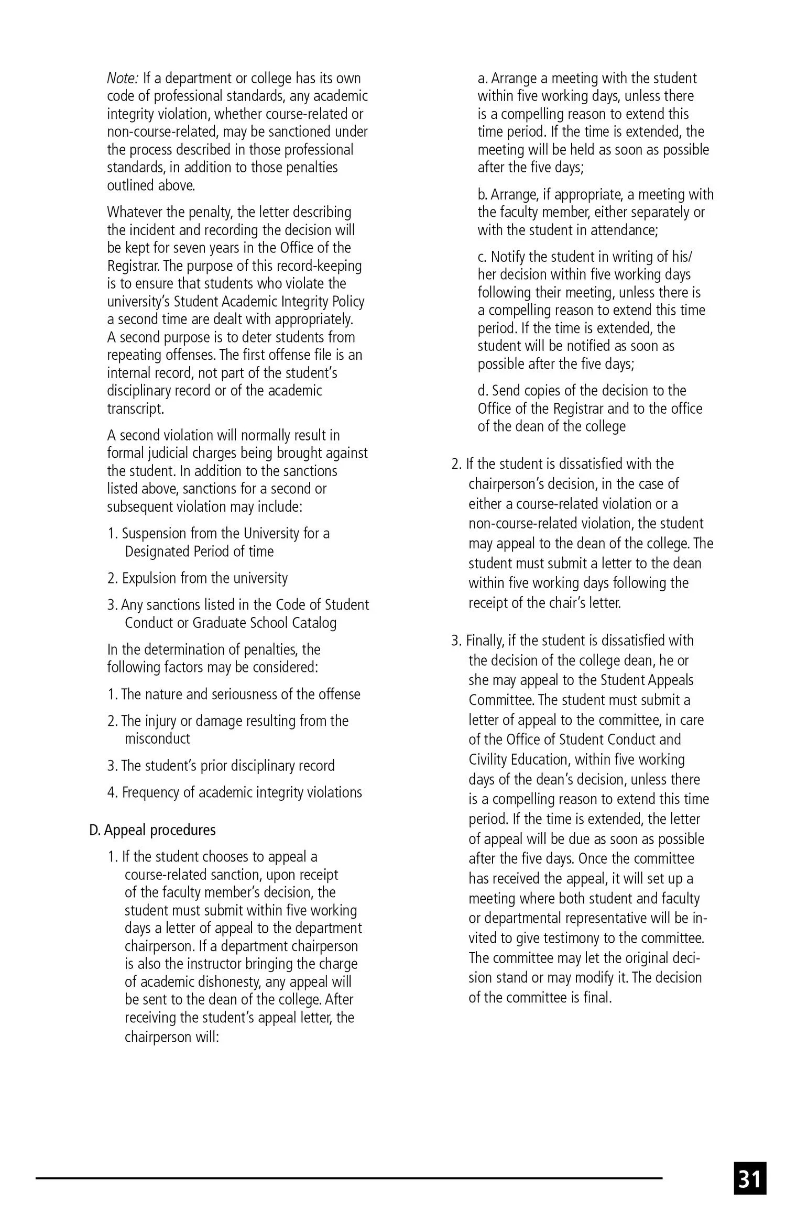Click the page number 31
(x=750, y=1178)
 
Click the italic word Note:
(x=123, y=79)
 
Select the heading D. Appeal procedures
(x=152, y=830)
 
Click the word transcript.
(x=136, y=409)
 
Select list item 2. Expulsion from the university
(x=198, y=578)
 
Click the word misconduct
(x=157, y=739)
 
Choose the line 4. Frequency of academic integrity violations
(x=234, y=792)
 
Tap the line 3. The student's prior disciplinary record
(x=221, y=766)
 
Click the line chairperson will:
(x=171, y=1036)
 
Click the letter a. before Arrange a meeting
(x=483, y=79)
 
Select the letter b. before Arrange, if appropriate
(x=483, y=195)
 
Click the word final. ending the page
(x=597, y=997)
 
